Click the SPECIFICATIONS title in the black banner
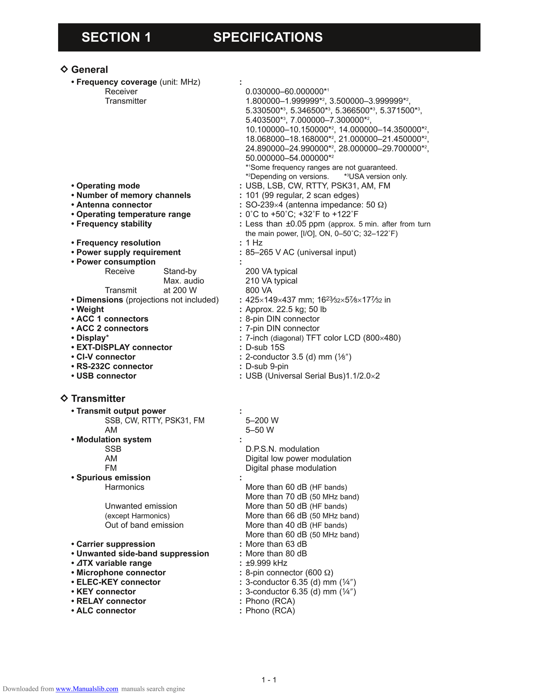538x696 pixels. coord(268,37)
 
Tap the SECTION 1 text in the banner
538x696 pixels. coord(116,37)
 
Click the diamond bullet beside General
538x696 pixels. coord(64,69)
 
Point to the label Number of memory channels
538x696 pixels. coord(133,195)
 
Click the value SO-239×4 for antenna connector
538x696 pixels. coord(265,205)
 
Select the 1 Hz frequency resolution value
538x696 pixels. coord(254,243)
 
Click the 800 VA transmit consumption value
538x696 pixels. coord(258,290)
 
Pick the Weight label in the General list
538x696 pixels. coord(90,309)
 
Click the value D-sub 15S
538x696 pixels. coord(265,347)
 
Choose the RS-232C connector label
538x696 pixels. coord(114,366)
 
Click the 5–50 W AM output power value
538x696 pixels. coord(260,430)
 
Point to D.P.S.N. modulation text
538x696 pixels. coord(282,449)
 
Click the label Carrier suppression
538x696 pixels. coord(115,544)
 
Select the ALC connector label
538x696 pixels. coord(106,611)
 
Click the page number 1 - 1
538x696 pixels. coord(269,680)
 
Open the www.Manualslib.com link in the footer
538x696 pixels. coord(87,689)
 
